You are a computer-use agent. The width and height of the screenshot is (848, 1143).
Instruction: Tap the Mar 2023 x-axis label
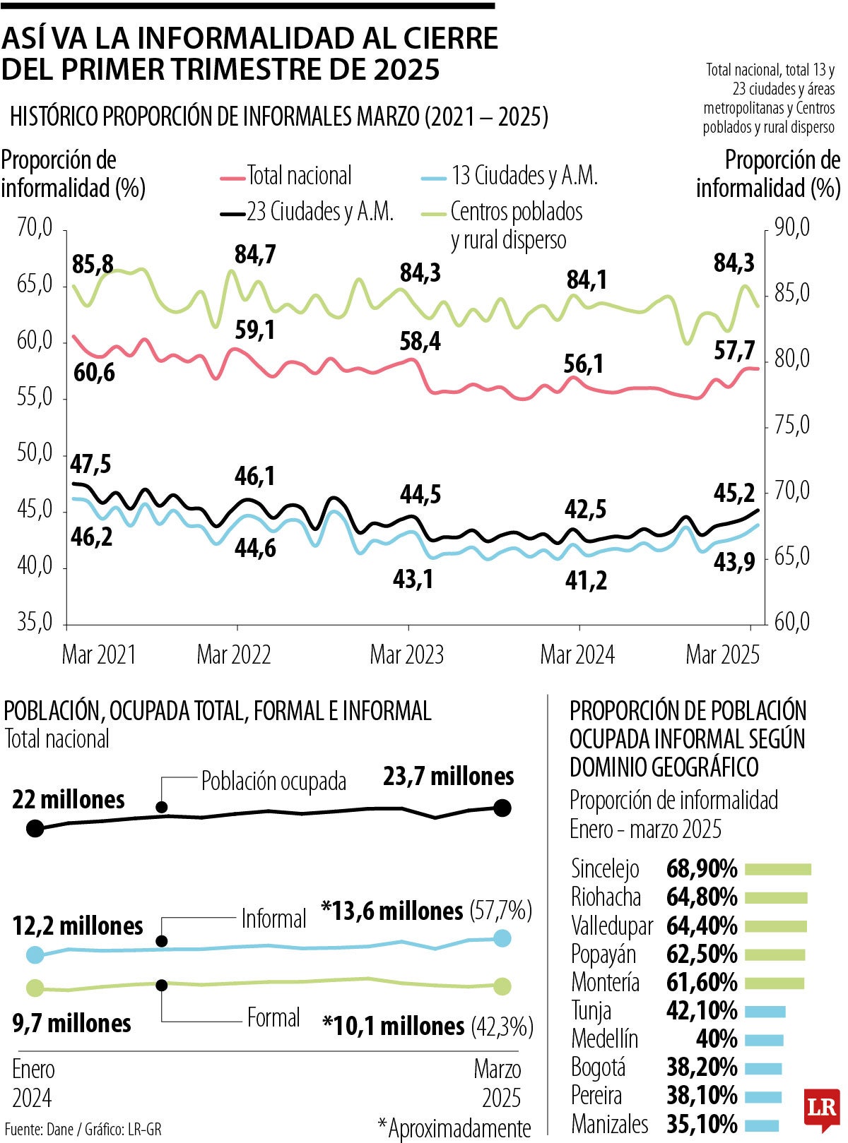pos(406,654)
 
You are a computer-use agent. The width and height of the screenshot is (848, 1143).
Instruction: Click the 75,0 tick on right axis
pos(791,426)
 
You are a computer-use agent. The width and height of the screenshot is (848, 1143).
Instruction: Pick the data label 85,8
pos(93,265)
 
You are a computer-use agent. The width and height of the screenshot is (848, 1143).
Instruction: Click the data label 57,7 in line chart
pos(734,350)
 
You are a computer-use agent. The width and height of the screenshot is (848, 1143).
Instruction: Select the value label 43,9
pos(734,562)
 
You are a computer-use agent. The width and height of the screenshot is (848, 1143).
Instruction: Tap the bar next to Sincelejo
pos(777,869)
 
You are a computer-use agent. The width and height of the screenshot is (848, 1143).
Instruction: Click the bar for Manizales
pos(762,1125)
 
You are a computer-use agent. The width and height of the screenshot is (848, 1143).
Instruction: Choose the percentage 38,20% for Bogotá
pos(702,1067)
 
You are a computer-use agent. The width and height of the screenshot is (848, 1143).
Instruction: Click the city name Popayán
pos(603,955)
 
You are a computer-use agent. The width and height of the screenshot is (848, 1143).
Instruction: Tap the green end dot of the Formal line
pos(502,986)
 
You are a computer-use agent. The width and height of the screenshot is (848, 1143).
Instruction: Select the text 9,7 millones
pos(71,1023)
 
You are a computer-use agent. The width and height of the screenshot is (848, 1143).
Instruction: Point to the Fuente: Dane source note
pos(83,1130)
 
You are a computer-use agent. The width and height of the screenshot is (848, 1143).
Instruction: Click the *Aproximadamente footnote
pos(454,1128)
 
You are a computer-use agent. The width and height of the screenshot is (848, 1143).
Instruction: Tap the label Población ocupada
pos(273,782)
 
